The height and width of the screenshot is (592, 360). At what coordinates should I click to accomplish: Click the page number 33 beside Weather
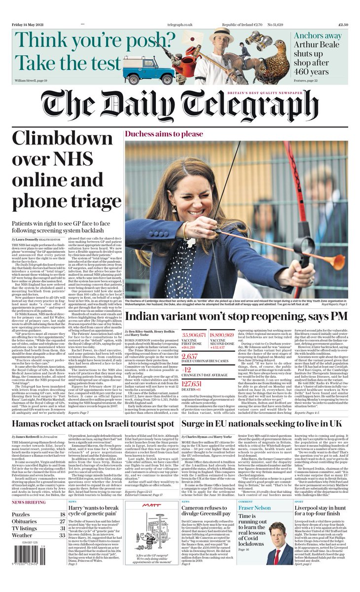[x=62, y=535]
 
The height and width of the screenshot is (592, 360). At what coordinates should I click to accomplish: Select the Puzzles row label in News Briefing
[x=21, y=515]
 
